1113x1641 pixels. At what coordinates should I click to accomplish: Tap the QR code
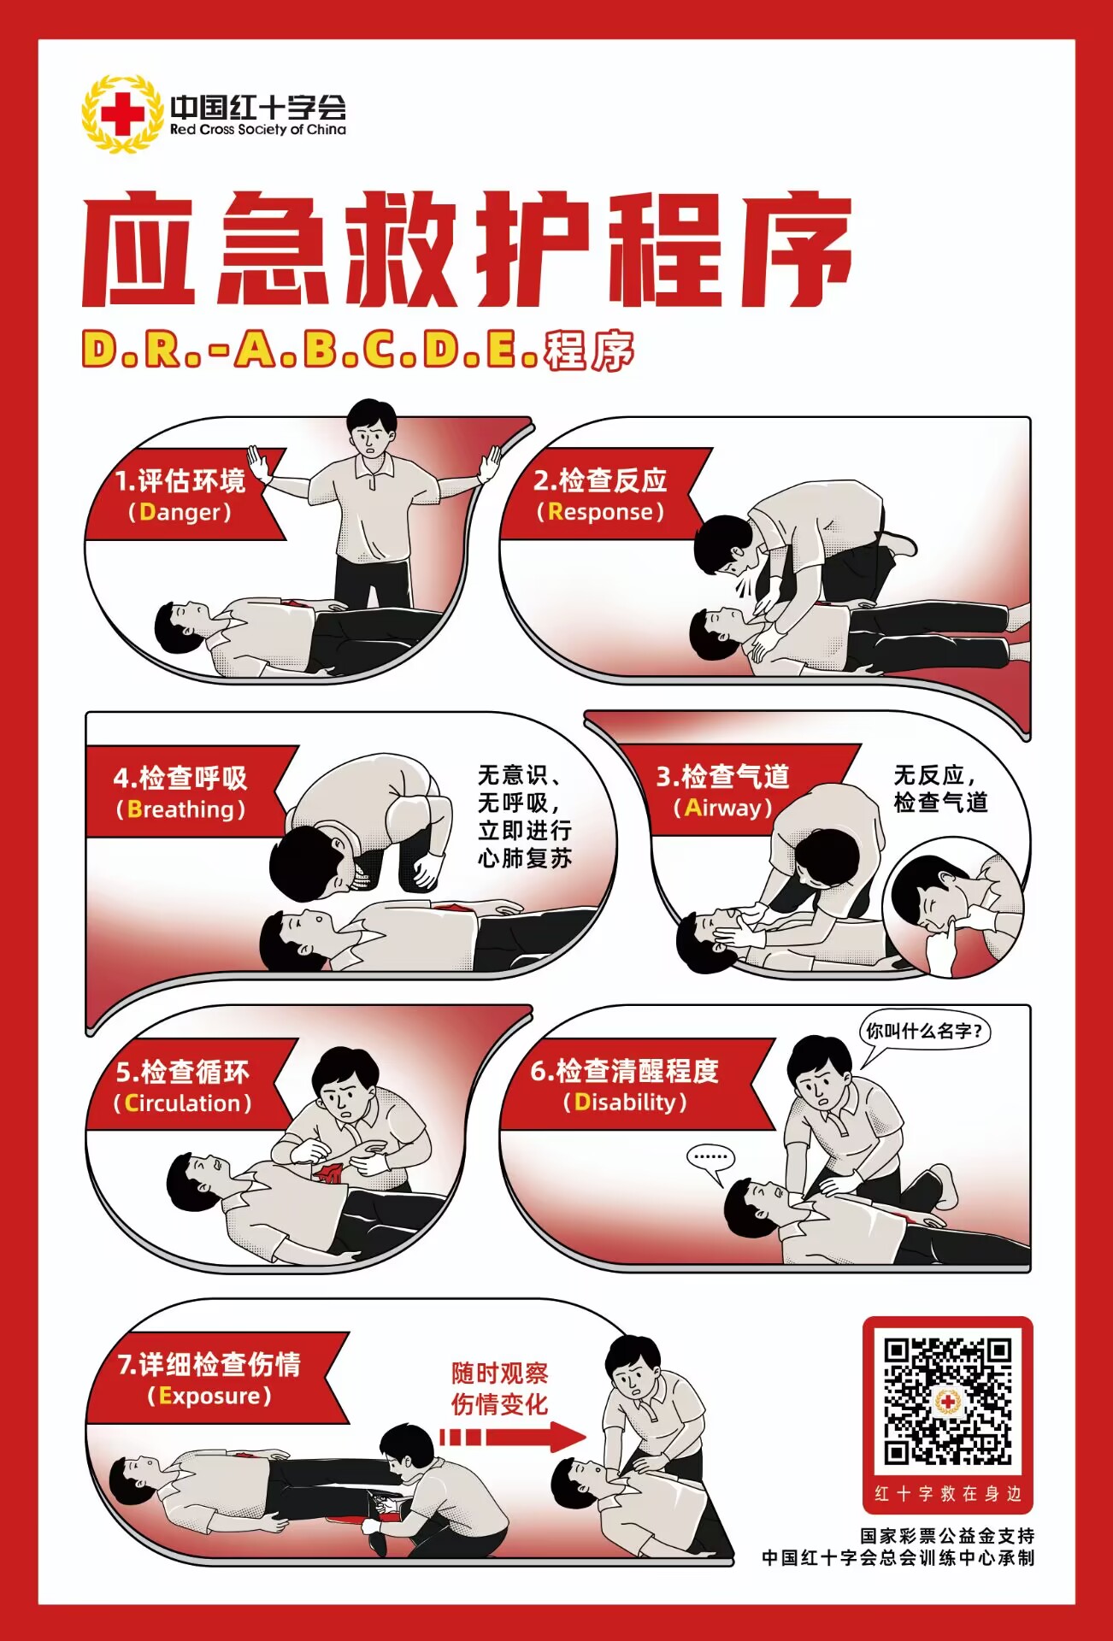[x=947, y=1401]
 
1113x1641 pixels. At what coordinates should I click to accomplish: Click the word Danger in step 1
[x=185, y=512]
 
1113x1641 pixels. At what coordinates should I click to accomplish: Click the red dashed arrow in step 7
[x=513, y=1438]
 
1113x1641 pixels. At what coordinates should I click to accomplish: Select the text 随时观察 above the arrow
[x=500, y=1373]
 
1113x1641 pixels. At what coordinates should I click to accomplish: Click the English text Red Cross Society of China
[x=258, y=130]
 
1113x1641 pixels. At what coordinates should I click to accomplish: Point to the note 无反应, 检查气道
[x=940, y=789]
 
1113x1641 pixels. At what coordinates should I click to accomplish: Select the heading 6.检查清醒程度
[x=625, y=1071]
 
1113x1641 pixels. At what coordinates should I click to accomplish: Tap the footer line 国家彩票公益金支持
[x=947, y=1536]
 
